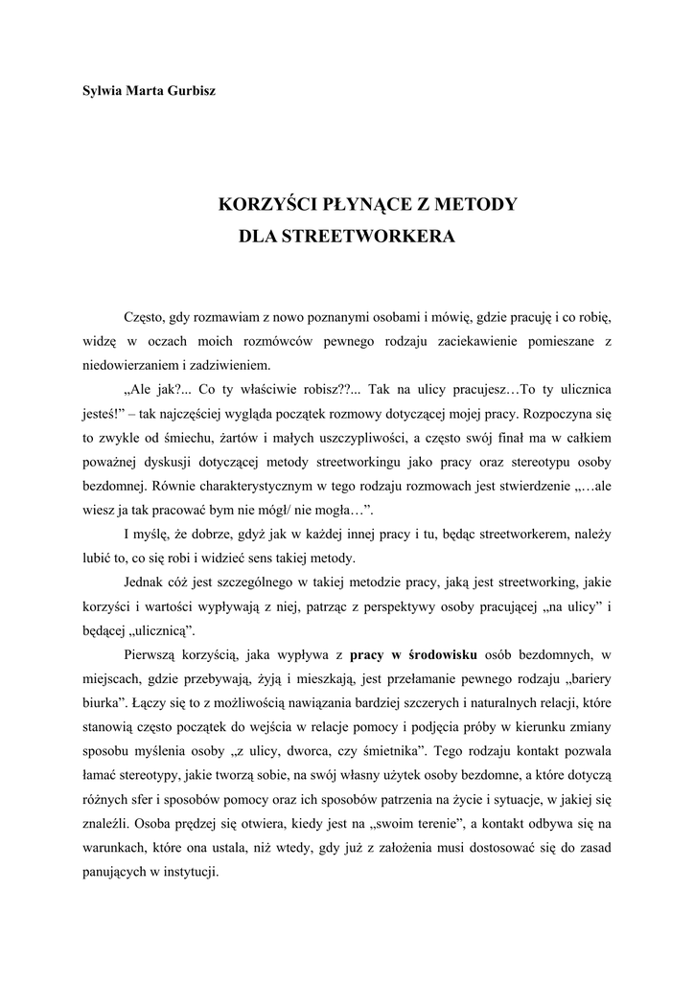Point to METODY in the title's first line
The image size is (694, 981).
(478, 204)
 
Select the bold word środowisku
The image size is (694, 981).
(425, 655)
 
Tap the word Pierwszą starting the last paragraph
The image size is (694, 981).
(153, 655)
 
